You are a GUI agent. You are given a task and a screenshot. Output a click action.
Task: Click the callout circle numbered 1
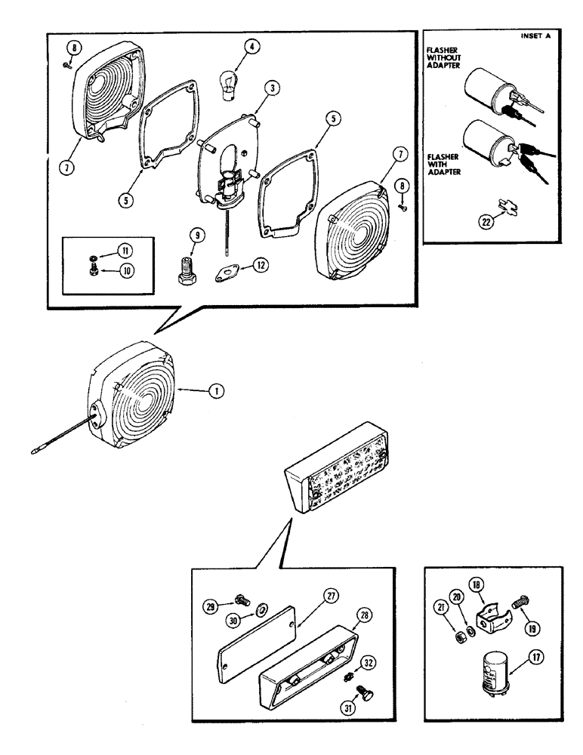(217, 391)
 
